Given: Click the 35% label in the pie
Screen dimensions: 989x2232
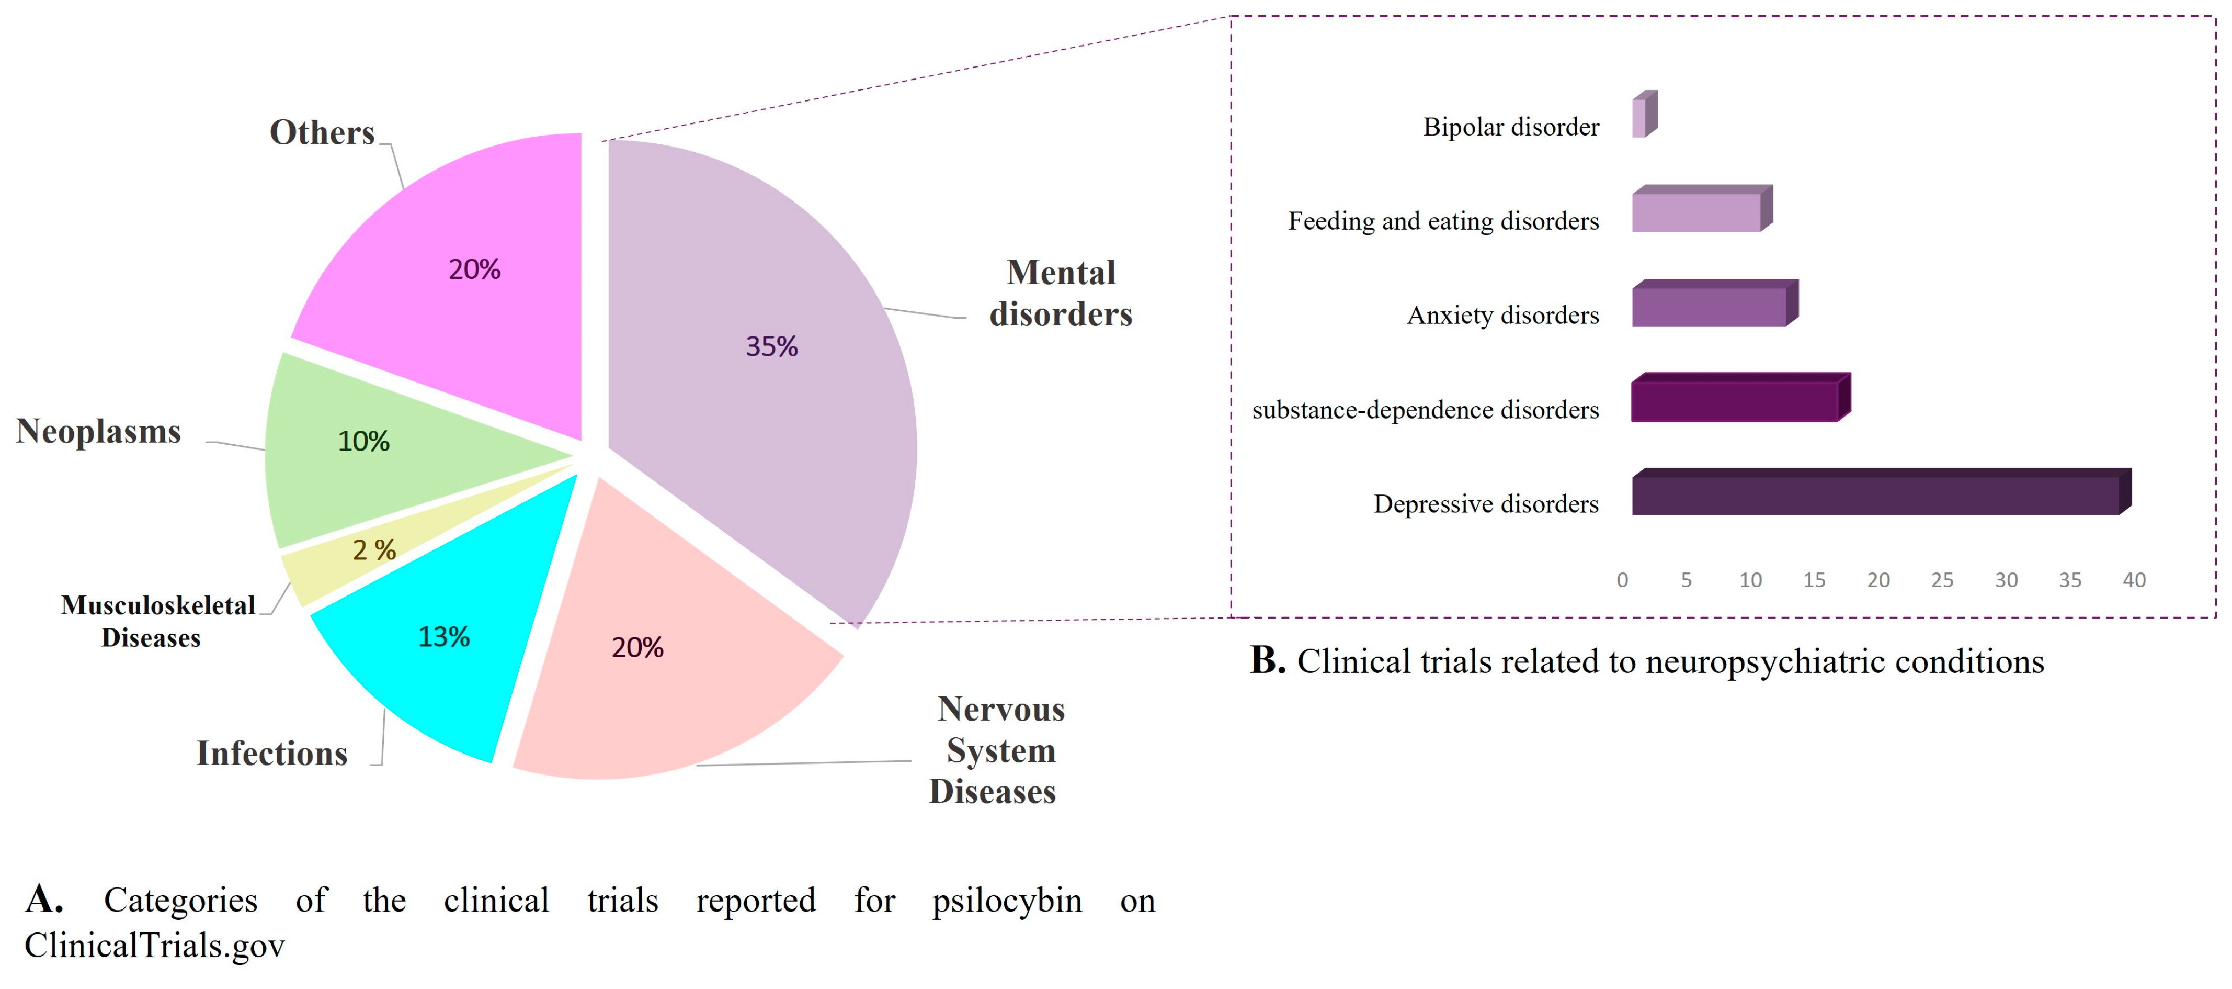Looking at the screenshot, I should point(771,347).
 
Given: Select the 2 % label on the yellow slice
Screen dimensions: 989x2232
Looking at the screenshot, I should point(373,549).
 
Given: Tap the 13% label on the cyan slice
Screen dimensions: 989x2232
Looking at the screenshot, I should point(443,637).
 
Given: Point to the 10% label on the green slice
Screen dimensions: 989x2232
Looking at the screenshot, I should point(363,441).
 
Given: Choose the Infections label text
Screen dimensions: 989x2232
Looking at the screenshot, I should point(272,753).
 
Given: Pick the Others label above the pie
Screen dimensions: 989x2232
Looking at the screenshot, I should point(322,132).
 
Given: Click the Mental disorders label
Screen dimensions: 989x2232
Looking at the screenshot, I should point(1061,293).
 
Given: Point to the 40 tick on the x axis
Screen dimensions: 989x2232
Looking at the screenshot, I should point(2133,580).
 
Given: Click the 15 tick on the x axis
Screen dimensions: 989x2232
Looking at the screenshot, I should point(1814,580).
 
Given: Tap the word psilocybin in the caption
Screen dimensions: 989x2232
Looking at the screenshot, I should point(1007,901).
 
